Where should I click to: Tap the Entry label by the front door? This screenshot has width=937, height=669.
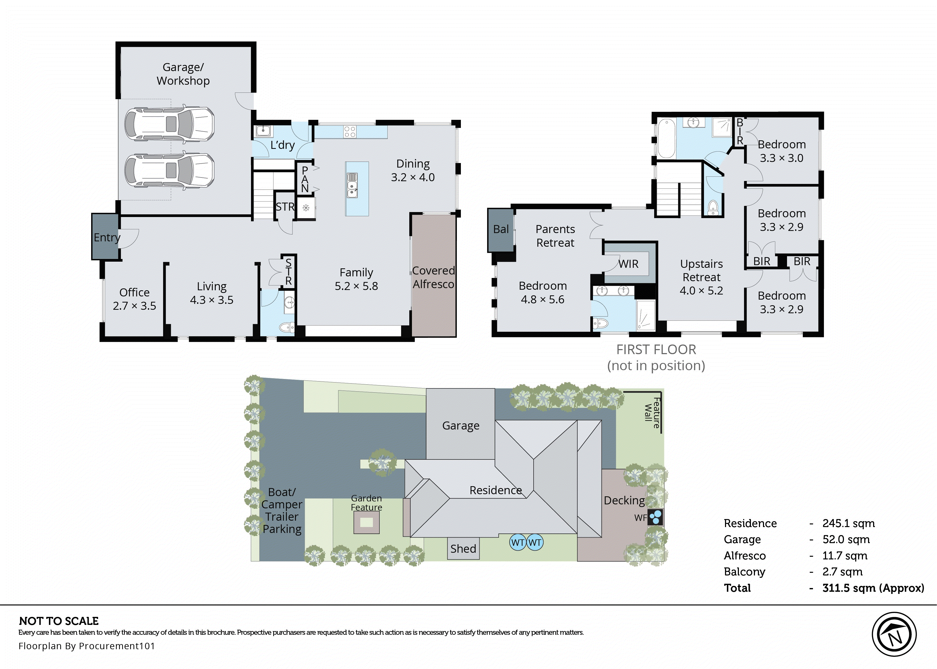pyautogui.click(x=106, y=237)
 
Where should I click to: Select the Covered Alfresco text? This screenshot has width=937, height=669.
pyautogui.click(x=433, y=277)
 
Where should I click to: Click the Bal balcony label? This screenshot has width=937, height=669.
pyautogui.click(x=501, y=229)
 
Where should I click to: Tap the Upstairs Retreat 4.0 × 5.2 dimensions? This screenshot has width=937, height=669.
pyautogui.click(x=701, y=291)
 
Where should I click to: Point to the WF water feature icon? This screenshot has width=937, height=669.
pyautogui.click(x=655, y=517)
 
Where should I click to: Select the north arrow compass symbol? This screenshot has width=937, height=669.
pyautogui.click(x=894, y=635)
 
